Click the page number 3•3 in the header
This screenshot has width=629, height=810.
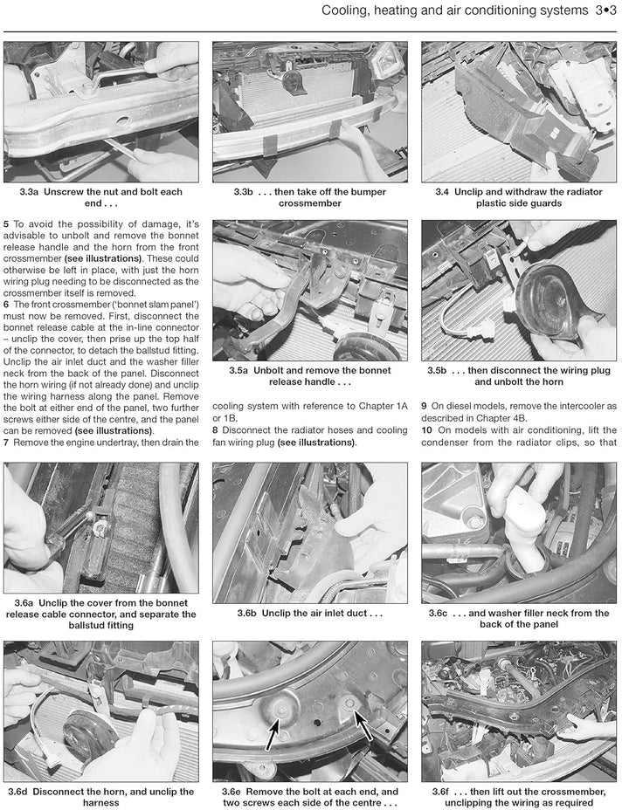point(605,10)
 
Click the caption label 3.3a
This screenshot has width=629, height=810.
point(29,192)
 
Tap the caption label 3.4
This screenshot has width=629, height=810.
point(442,192)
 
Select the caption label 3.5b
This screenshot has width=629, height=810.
point(437,370)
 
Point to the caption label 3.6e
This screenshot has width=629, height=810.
point(232,792)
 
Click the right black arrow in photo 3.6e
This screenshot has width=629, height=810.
point(363,724)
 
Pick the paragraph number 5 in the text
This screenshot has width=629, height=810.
point(6,224)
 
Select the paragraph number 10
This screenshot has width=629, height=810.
point(426,430)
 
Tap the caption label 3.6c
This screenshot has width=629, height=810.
point(439,614)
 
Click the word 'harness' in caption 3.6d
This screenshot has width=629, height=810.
point(101,803)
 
